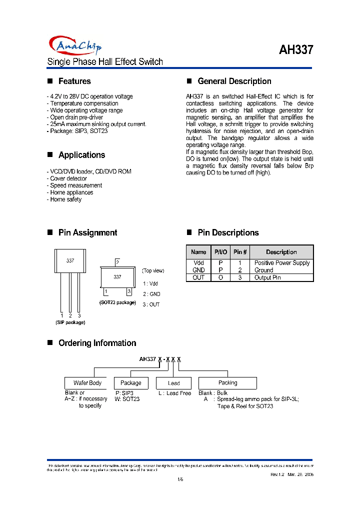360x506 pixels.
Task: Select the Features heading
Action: pyautogui.click(x=74, y=81)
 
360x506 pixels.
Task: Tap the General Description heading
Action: pyautogui.click(x=234, y=81)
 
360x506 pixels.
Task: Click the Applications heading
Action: pyautogui.click(x=81, y=155)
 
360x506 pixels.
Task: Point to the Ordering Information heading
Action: pyautogui.click(x=97, y=343)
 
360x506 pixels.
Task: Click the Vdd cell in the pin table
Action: pyautogui.click(x=198, y=263)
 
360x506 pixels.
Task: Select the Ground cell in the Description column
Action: pyautogui.click(x=263, y=270)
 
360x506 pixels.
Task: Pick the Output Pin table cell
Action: pyautogui.click(x=267, y=277)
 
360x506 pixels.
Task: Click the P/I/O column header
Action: pyautogui.click(x=220, y=252)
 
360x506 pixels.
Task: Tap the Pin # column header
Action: pyautogui.click(x=240, y=252)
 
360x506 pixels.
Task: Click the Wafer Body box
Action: pyautogui.click(x=87, y=383)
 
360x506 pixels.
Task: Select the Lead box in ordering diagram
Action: pyautogui.click(x=173, y=383)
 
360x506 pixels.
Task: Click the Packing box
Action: pyautogui.click(x=228, y=383)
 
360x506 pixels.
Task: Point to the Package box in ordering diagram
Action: pyautogui.click(x=131, y=383)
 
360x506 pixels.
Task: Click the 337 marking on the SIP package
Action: pyautogui.click(x=70, y=261)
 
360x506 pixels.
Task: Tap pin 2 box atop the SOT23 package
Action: pyautogui.click(x=117, y=262)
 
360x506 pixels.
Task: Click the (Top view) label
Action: pyautogui.click(x=153, y=270)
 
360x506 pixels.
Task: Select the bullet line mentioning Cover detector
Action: pyautogui.click(x=68, y=178)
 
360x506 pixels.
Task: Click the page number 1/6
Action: pyautogui.click(x=180, y=479)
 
